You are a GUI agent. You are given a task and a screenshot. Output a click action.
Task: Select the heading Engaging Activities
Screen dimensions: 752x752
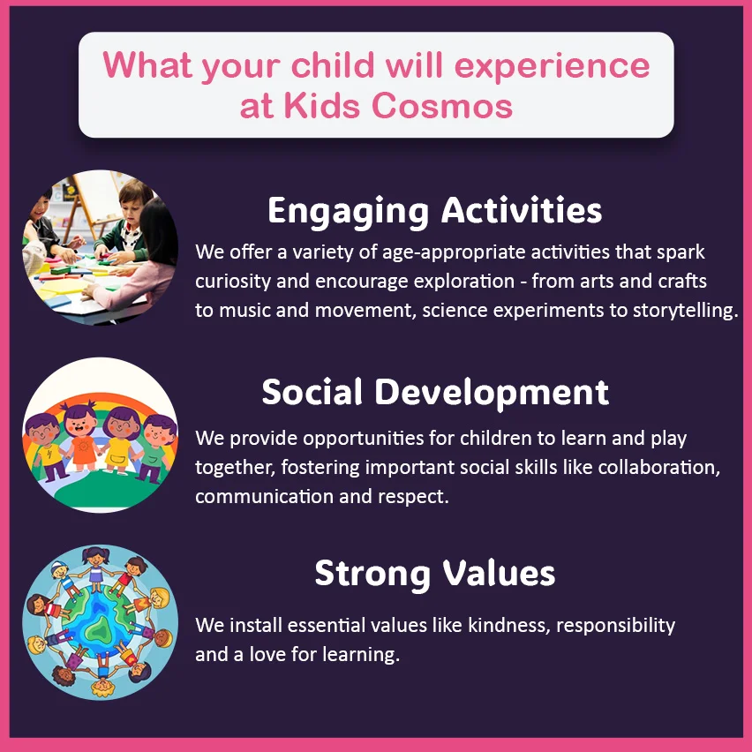[434, 211]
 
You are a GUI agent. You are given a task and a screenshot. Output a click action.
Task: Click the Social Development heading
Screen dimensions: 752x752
[435, 392]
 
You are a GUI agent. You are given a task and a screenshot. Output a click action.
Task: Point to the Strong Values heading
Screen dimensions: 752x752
[435, 574]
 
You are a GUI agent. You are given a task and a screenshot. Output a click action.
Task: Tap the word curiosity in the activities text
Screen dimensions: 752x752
[233, 282]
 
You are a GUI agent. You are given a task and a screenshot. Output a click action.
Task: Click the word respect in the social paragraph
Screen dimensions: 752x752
[413, 497]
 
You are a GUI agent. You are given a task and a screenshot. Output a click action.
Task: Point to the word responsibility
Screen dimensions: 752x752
[616, 626]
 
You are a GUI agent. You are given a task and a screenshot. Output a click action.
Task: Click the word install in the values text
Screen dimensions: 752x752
[256, 626]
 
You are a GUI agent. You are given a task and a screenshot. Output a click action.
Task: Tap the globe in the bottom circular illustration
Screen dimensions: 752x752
[100, 623]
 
